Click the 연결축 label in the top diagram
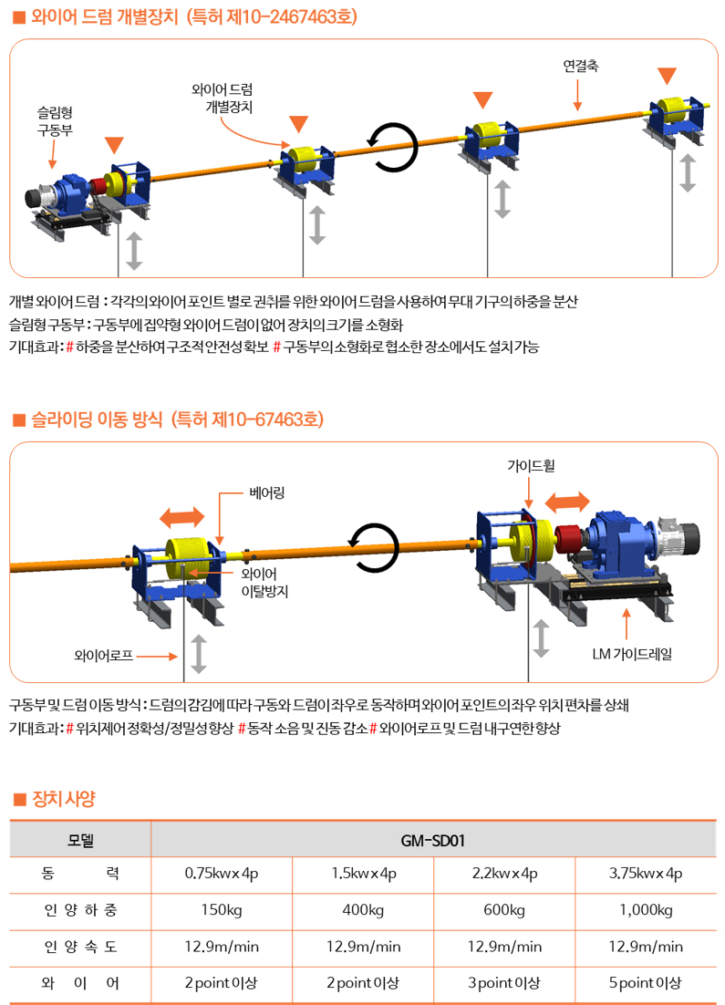pos(581,66)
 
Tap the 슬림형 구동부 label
pos(55,121)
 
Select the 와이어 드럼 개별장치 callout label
pos(222,98)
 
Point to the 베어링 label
pos(266,492)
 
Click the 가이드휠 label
pos(531,465)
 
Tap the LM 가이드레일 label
pos(632,654)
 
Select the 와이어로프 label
pos(103,656)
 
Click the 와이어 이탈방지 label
pos(264,583)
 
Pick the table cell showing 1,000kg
pos(646,910)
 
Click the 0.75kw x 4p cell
pos(222,874)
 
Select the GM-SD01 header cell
pos(432,840)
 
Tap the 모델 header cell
pos(81,840)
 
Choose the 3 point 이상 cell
pos(503,982)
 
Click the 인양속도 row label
pos(81,947)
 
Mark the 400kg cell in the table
pos(363,910)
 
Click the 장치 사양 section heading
pos(63,799)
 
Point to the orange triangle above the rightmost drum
pos(668,76)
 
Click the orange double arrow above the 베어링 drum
pos(182,516)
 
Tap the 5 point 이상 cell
pos(646,982)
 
